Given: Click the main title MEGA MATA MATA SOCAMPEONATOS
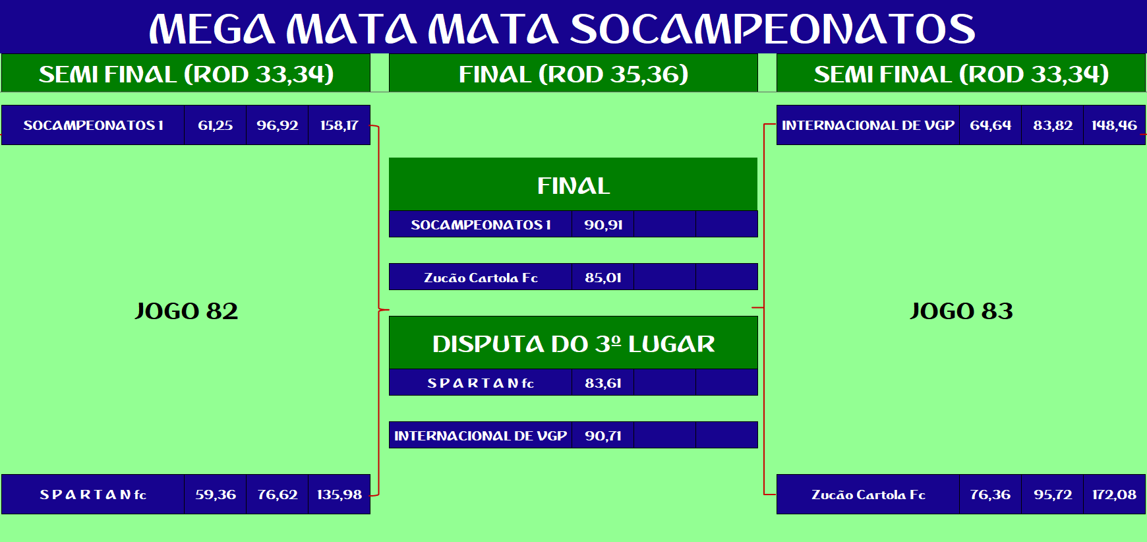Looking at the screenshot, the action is [562, 28].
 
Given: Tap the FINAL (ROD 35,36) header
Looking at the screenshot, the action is [573, 74].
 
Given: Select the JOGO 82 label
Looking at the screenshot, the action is [187, 311].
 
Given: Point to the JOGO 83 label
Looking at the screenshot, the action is [961, 311].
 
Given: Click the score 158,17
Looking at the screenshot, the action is [339, 125].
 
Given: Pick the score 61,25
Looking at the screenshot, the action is [216, 125].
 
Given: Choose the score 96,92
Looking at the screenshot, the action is [278, 125].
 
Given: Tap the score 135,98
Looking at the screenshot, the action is [339, 495].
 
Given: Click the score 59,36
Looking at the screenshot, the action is [216, 495].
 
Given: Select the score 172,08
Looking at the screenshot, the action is [1114, 495].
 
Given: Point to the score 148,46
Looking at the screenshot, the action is [1114, 125].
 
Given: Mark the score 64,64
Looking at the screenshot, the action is [990, 125].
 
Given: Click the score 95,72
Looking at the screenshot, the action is [1053, 495].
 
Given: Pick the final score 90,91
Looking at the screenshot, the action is [603, 225].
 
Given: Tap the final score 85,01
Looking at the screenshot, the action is [603, 278].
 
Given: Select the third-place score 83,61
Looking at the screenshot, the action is [603, 383].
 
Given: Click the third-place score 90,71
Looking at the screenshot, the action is [603, 436].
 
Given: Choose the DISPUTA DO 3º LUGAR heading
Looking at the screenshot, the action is [573, 344].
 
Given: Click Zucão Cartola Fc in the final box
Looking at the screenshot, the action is [481, 278].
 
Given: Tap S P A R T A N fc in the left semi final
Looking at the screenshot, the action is [93, 495].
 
